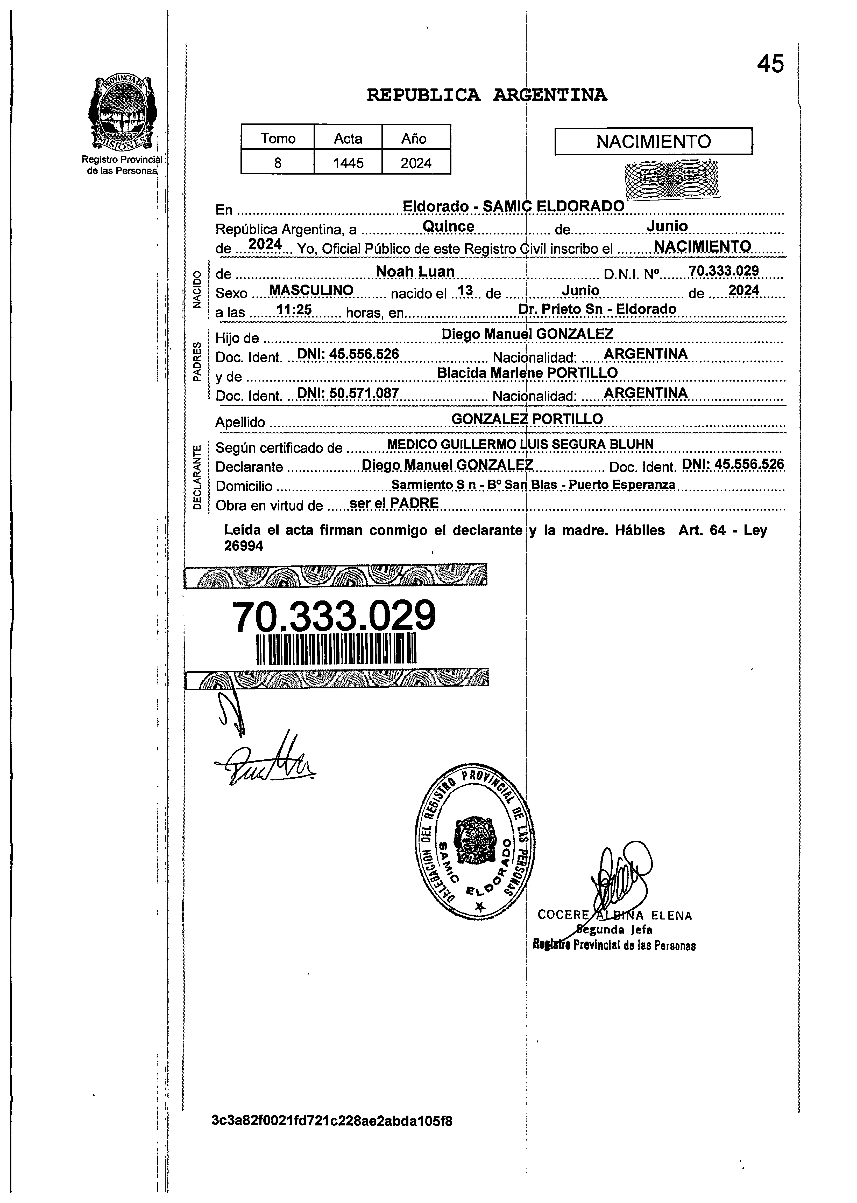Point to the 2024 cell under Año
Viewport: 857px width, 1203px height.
[416, 163]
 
